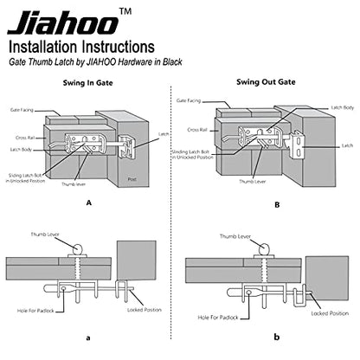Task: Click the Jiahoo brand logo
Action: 63,23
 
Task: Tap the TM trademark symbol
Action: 125,11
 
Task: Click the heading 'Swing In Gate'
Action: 87,83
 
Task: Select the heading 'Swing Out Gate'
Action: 266,82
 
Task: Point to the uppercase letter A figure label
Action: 89,202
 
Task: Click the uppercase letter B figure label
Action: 277,205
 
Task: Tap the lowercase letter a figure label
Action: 88,337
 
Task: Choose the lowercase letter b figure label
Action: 277,337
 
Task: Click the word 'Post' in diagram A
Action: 132,179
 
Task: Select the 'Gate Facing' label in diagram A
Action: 22,110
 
